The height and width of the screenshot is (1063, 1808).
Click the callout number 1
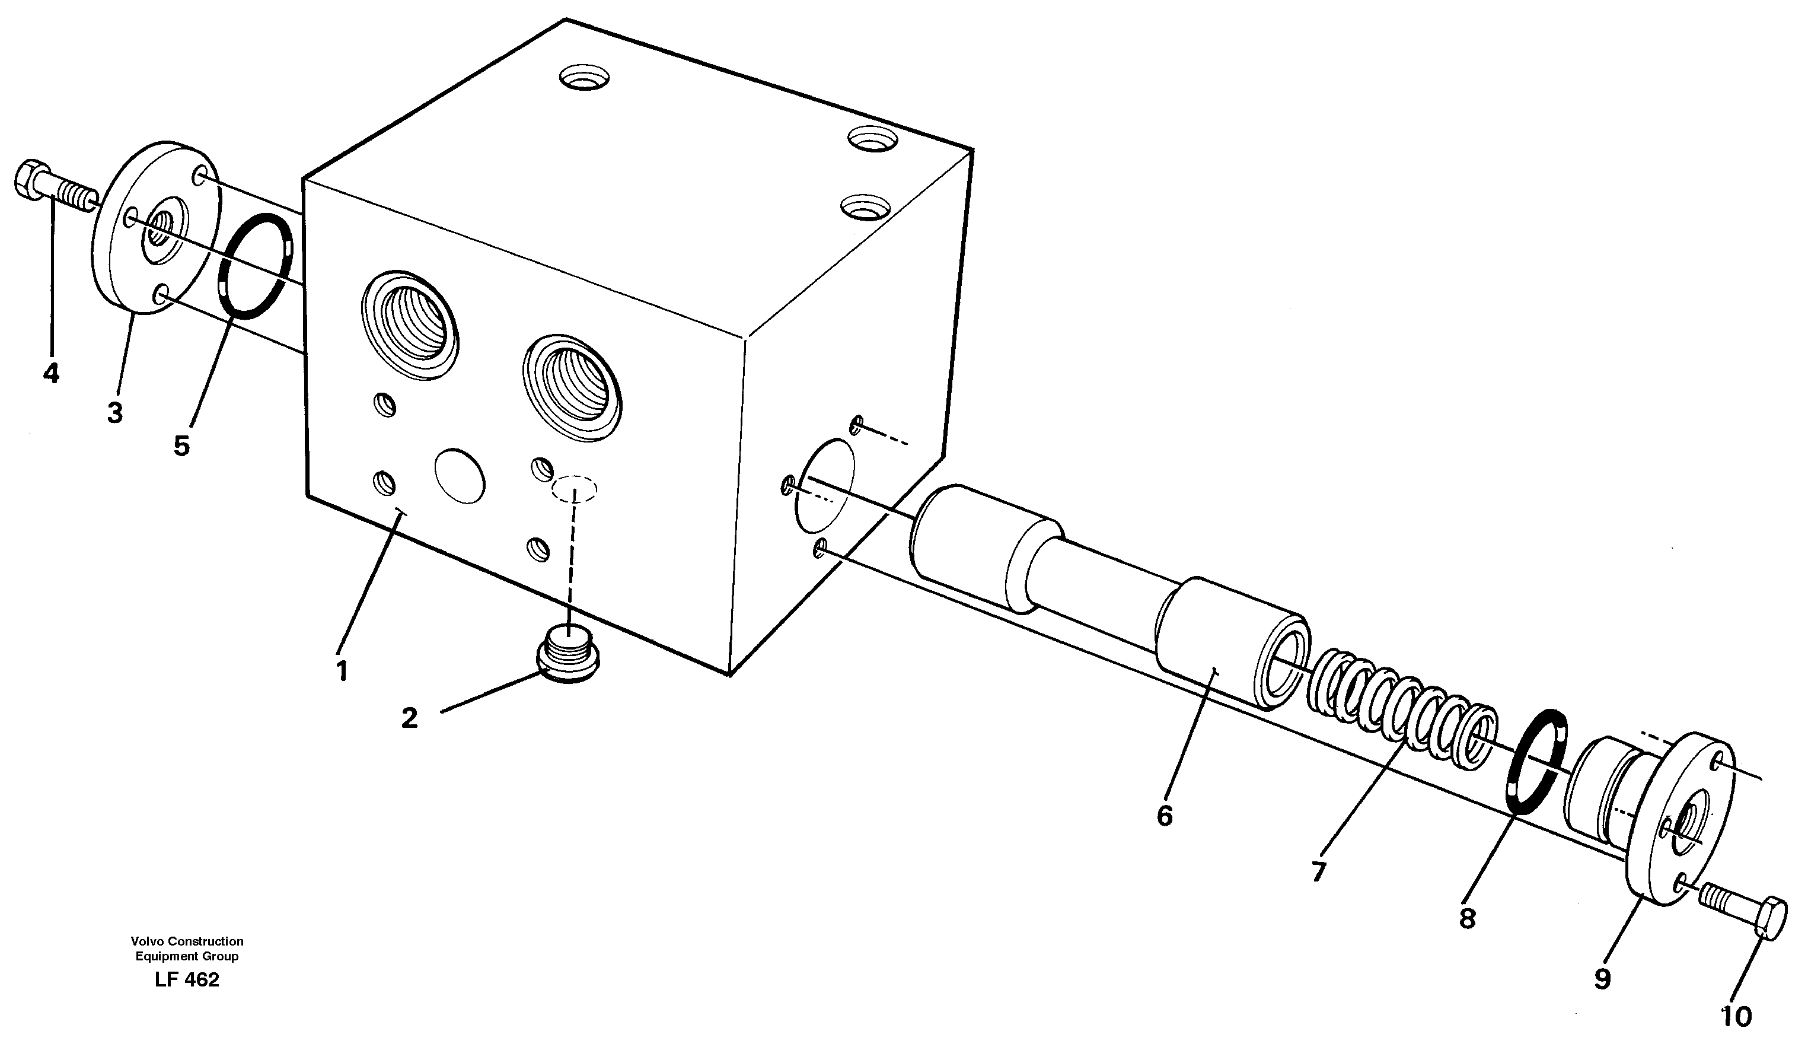pyautogui.click(x=342, y=671)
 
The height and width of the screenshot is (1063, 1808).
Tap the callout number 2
pyautogui.click(x=410, y=718)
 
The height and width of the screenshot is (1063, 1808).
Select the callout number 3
pyautogui.click(x=115, y=413)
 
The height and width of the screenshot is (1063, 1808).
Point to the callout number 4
pyautogui.click(x=51, y=373)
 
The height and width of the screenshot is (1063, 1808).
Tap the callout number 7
pyautogui.click(x=1319, y=871)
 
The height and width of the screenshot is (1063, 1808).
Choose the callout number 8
pyautogui.click(x=1467, y=918)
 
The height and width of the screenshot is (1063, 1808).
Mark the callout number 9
pyautogui.click(x=1603, y=979)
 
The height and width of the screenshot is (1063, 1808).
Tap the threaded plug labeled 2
pyautogui.click(x=567, y=651)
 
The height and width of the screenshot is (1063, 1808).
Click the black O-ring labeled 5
pyautogui.click(x=256, y=265)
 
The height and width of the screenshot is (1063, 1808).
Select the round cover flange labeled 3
pyautogui.click(x=156, y=237)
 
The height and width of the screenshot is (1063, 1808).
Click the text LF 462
pyautogui.click(x=187, y=980)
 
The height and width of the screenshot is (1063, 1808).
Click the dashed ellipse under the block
pyautogui.click(x=573, y=489)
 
